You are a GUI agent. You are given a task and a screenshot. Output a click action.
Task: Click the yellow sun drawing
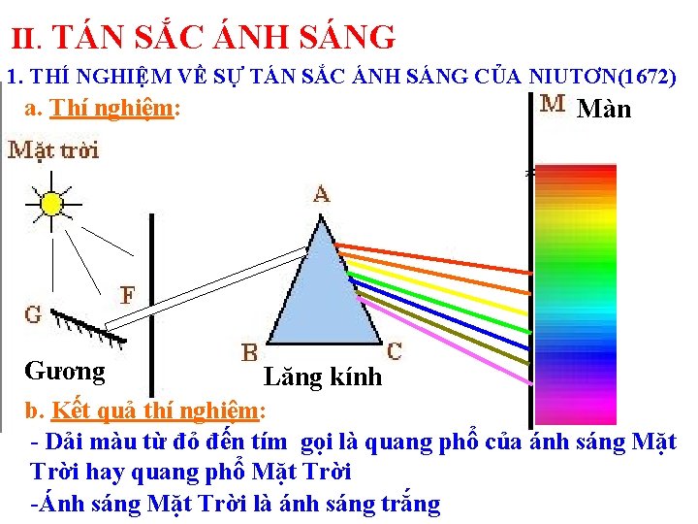tap(48, 202)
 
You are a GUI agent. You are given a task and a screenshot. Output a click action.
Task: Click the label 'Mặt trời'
tap(53, 150)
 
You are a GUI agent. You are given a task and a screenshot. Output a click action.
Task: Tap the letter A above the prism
tap(321, 195)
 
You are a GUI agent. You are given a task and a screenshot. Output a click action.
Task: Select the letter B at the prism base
tap(250, 351)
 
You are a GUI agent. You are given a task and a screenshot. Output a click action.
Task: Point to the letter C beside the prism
tap(396, 349)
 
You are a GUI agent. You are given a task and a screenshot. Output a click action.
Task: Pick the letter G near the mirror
tap(33, 315)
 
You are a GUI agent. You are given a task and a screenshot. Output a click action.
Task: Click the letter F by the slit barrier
tap(127, 293)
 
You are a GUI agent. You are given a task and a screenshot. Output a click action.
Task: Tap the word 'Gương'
tap(65, 371)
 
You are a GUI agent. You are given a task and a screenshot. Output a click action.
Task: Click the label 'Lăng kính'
tap(323, 377)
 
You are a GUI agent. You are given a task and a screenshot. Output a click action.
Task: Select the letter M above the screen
tap(554, 104)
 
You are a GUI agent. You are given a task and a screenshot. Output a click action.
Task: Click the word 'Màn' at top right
tap(604, 110)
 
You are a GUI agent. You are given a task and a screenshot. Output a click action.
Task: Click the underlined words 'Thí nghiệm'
tap(112, 109)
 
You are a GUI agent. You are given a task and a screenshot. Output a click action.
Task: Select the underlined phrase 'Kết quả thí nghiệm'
tap(156, 408)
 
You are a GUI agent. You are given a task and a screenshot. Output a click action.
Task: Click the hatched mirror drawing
tap(87, 327)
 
